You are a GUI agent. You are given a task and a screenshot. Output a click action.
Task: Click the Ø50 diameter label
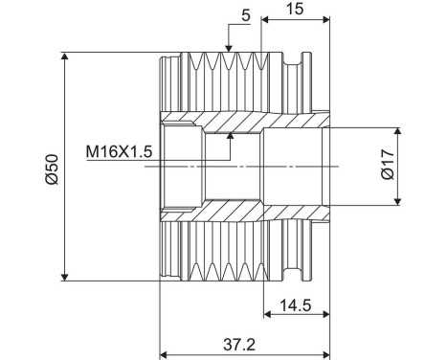point(52,169)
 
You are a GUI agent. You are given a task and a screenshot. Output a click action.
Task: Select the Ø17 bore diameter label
point(388,165)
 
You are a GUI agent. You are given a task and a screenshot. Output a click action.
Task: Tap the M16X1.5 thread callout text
point(119,151)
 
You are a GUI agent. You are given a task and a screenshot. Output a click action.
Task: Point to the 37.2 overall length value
point(239,345)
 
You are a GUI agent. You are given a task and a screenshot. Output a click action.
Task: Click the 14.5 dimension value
point(296,305)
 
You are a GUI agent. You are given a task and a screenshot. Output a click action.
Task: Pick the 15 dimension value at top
point(295,9)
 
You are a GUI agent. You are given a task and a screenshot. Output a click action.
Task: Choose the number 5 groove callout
point(246,16)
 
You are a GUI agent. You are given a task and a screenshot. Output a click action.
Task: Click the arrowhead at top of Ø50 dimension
point(65,56)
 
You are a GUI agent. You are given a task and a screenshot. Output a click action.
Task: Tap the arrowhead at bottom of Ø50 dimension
point(65,277)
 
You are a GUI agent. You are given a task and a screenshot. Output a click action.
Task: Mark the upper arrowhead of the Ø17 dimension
point(397,132)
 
